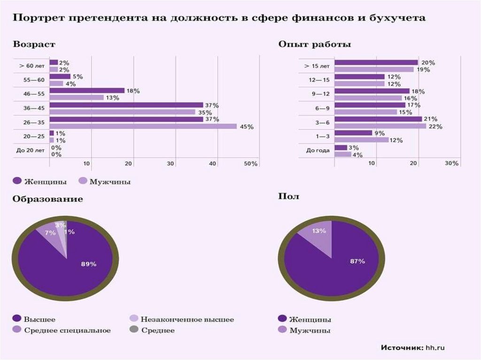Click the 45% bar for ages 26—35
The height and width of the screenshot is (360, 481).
pyautogui.click(x=143, y=126)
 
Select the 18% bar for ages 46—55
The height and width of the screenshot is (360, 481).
pyautogui.click(x=87, y=91)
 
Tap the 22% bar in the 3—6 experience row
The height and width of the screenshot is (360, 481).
pyautogui.click(x=380, y=126)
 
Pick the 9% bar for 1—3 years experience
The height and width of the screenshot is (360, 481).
pyautogui.click(x=353, y=133)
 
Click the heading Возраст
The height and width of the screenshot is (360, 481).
pyautogui.click(x=34, y=45)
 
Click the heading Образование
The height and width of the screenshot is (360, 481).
pyautogui.click(x=48, y=199)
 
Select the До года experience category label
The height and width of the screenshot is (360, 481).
pyautogui.click(x=318, y=151)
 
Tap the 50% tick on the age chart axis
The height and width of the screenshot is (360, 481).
pyautogui.click(x=251, y=163)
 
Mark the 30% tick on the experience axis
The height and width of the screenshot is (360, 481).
pyautogui.click(x=452, y=163)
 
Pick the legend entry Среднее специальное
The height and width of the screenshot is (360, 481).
pyautogui.click(x=67, y=330)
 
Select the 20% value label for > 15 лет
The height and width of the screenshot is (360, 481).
pyautogui.click(x=428, y=62)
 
